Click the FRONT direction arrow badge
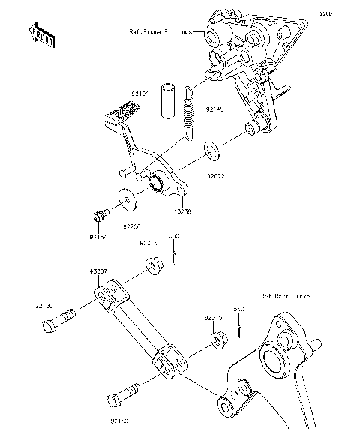[x=42, y=35]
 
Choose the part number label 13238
[x=180, y=211]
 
